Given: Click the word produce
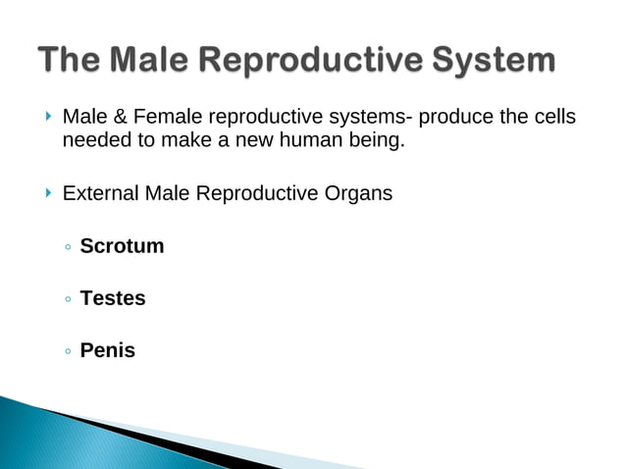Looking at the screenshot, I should click(456, 119).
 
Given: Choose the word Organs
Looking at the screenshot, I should click(360, 193).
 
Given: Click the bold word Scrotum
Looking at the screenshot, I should click(122, 246).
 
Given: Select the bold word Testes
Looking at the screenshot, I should click(113, 298).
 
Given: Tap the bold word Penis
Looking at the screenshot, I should click(108, 350).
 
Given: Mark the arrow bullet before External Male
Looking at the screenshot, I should click(48, 193).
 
